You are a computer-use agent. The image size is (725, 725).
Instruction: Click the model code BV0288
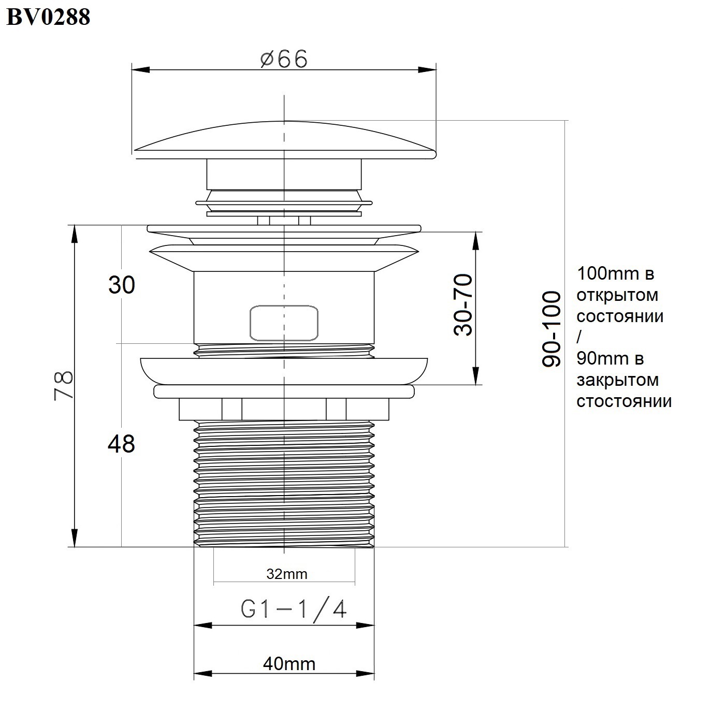(49, 17)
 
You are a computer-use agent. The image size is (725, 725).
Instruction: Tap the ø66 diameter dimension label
(284, 59)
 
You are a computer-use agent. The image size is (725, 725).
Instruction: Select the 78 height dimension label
(64, 385)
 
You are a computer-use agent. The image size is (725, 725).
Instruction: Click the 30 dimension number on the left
(122, 285)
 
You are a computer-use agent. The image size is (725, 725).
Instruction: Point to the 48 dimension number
(121, 444)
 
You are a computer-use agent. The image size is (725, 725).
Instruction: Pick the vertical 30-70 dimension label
(463, 304)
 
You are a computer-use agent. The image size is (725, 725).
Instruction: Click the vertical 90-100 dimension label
(551, 329)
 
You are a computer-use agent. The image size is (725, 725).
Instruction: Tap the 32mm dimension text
(287, 574)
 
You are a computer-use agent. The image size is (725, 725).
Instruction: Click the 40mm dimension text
(289, 664)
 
